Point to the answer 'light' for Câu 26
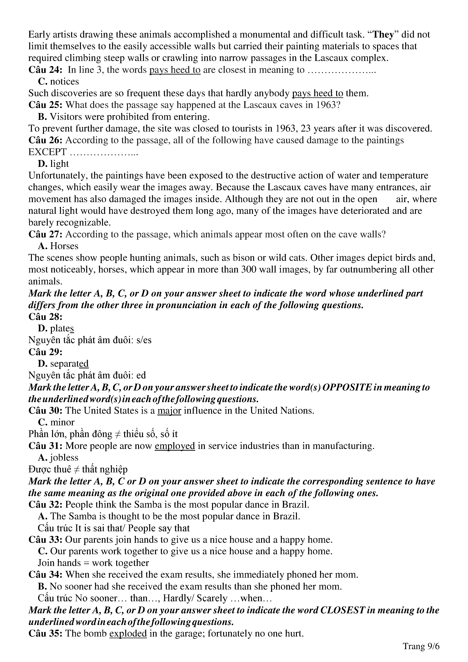[59, 164]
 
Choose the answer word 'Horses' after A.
[64, 246]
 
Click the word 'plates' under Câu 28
[62, 328]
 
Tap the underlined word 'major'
[169, 411]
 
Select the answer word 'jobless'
[64, 458]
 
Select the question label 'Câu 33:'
[45, 540]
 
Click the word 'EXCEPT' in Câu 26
[47, 152]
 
